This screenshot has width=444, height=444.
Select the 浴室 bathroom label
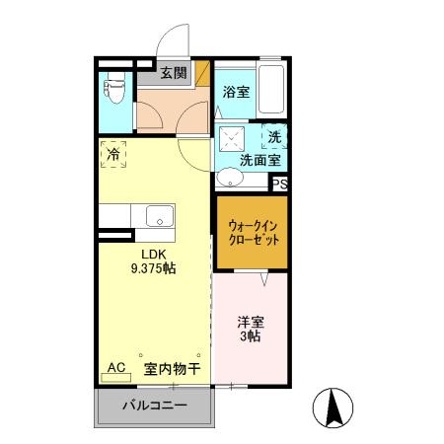click(x=235, y=92)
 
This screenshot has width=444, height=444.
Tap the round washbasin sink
click(x=230, y=179)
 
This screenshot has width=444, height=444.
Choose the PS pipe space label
click(x=279, y=184)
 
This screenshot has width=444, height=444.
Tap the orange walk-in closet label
click(x=253, y=232)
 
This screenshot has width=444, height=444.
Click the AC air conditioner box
click(x=116, y=368)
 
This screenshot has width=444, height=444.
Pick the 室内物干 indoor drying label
click(x=172, y=369)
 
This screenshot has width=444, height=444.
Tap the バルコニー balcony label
click(x=154, y=406)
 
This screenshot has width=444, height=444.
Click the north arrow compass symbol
click(x=333, y=407)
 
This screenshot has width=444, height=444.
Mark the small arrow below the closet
click(x=264, y=281)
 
